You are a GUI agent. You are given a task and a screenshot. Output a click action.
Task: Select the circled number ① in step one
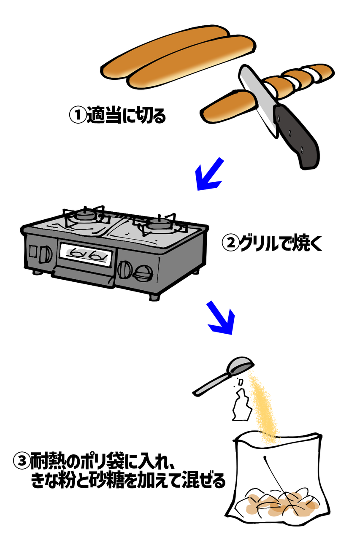[x=77, y=115]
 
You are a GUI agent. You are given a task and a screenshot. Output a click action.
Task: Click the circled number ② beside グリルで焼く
[x=230, y=243]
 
